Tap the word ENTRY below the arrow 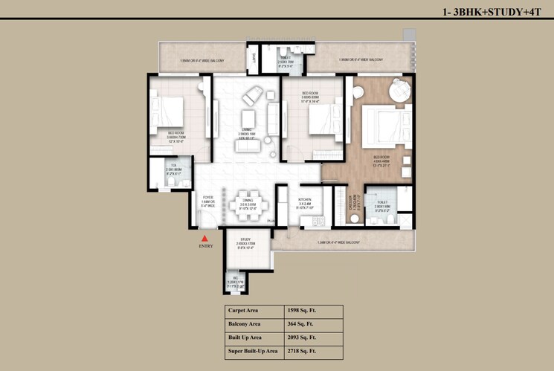[x=206, y=245]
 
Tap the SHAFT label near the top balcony [x=254, y=57]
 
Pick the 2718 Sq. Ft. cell [x=303, y=349]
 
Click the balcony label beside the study [x=339, y=242]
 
